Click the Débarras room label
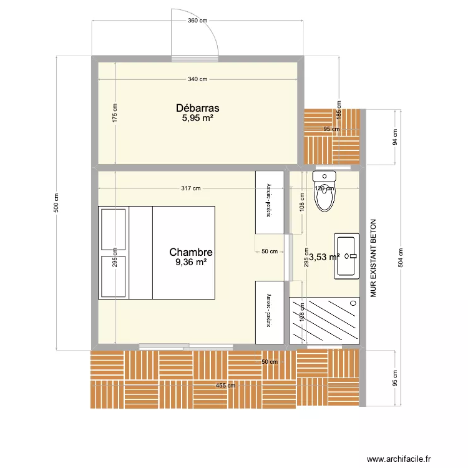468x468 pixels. [x=197, y=108]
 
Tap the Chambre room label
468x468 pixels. [x=191, y=252]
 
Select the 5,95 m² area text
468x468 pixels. [x=197, y=118]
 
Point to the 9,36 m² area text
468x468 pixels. [x=191, y=263]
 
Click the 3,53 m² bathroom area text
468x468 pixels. [x=324, y=256]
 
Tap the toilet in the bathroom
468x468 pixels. [x=324, y=193]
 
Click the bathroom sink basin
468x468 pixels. [x=346, y=255]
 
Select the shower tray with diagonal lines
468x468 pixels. [x=324, y=320]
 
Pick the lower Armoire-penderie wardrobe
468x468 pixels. [x=269, y=312]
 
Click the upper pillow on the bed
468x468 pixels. [x=113, y=228]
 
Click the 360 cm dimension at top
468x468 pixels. [x=197, y=21]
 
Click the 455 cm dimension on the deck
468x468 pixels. [x=225, y=386]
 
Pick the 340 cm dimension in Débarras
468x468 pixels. [x=197, y=79]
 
